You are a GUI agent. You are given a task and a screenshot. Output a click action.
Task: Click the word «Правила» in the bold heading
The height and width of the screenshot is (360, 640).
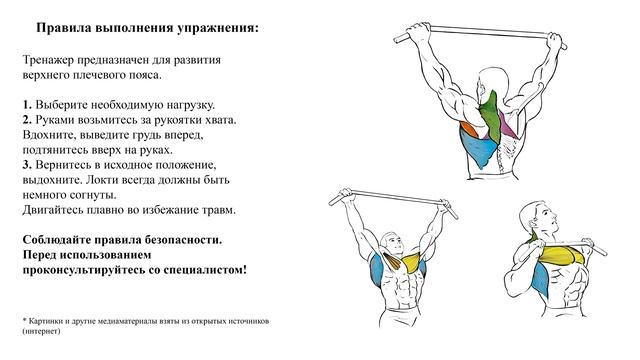click(71, 30)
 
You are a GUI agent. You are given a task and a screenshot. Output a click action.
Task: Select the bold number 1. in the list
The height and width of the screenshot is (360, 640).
click(26, 104)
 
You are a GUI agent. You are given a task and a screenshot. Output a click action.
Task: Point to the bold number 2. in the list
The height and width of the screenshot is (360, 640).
click(26, 119)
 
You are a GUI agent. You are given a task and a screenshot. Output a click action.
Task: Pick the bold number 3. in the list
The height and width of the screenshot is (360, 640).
click(26, 163)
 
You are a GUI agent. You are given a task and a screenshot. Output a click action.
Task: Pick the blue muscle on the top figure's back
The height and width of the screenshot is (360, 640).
click(477, 152)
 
